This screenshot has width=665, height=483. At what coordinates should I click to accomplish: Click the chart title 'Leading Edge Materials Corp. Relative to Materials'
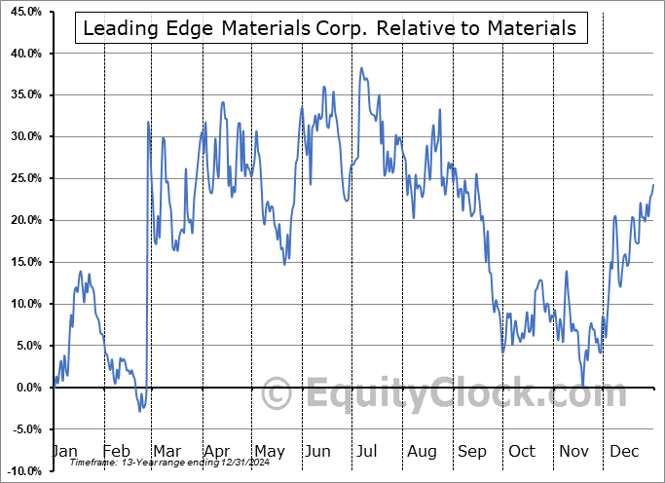coord(330,28)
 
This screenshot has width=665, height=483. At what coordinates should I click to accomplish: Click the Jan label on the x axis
coord(64,452)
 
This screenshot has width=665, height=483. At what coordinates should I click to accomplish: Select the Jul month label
coord(368,452)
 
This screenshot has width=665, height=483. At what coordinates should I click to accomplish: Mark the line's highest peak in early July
coord(361,68)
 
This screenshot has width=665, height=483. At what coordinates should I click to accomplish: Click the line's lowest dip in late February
coord(139,411)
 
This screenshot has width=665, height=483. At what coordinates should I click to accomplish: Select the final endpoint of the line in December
coord(653,185)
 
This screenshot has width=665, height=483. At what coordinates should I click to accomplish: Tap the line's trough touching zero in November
coord(583,386)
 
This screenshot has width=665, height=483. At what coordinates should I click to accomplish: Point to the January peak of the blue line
coord(81,272)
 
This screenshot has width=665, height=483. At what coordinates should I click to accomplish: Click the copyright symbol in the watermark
coord(277,394)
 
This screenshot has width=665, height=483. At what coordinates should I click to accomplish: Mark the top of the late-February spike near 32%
coord(148,122)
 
